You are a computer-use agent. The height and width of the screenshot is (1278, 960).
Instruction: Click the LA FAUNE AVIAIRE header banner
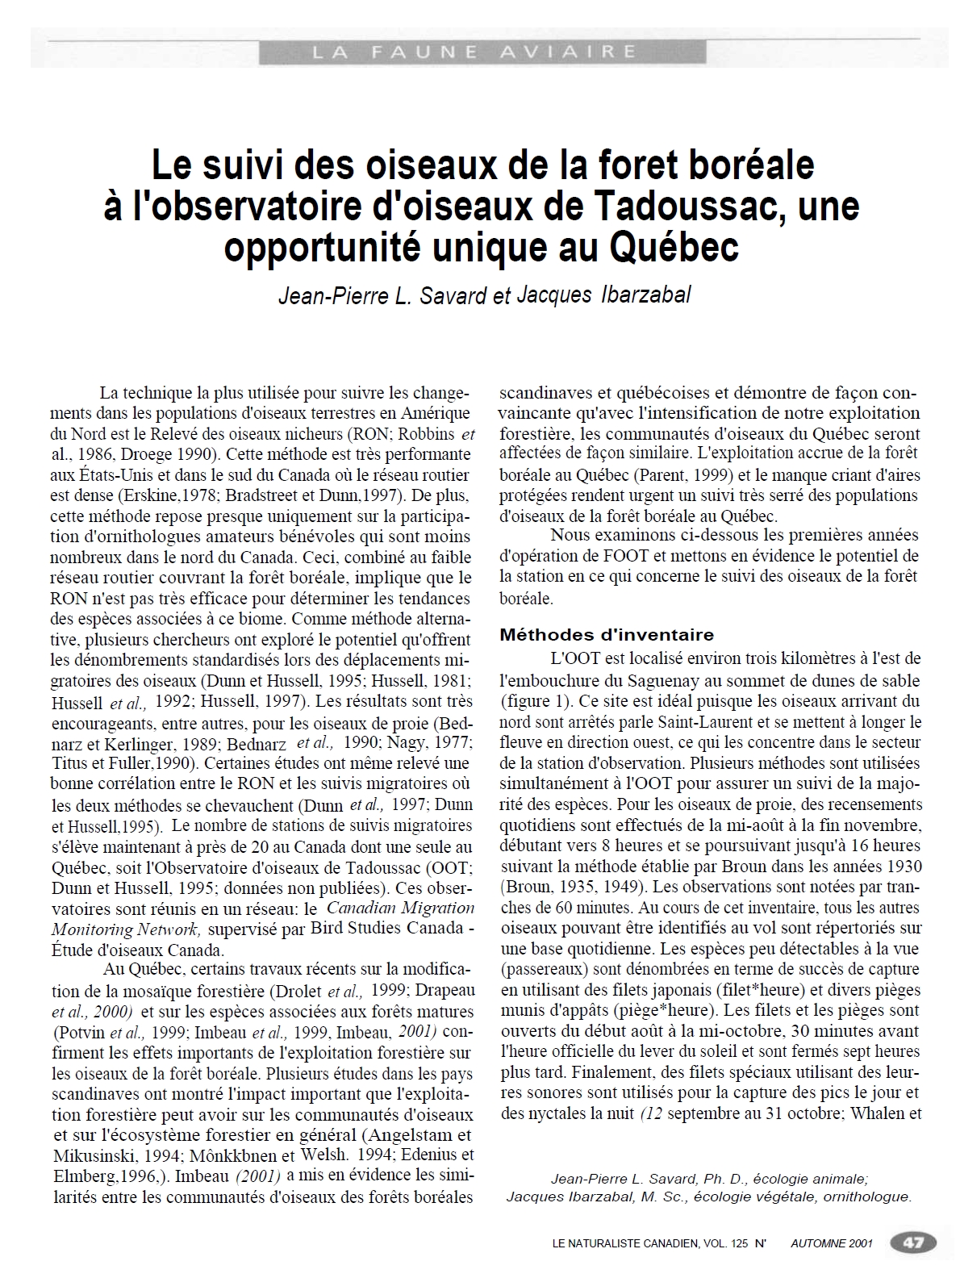click(x=482, y=52)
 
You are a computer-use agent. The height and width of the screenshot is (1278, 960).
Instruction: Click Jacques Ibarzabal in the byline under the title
click(x=603, y=295)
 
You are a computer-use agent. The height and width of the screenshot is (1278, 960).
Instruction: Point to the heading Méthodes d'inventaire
click(x=607, y=634)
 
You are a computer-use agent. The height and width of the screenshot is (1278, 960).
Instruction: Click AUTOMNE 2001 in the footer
click(x=832, y=1243)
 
